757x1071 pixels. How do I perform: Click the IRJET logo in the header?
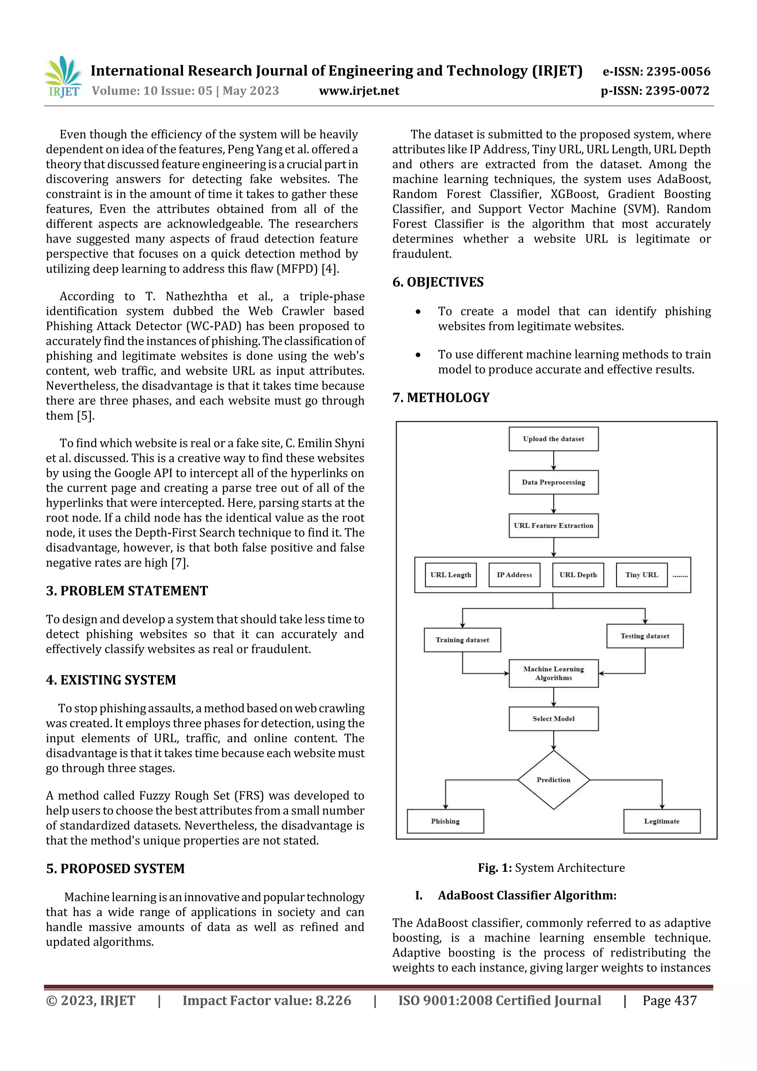[x=64, y=77]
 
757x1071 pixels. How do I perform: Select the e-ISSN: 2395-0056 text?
[x=656, y=71]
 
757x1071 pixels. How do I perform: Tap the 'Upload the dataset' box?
[x=553, y=439]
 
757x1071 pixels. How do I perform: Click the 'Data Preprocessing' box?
[x=553, y=482]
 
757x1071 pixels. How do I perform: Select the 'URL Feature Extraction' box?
[x=553, y=526]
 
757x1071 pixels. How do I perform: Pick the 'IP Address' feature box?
[x=514, y=575]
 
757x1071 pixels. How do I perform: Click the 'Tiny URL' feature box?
[x=641, y=575]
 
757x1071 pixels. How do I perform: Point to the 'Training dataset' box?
[x=462, y=640]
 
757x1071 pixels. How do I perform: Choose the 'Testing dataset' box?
[x=645, y=636]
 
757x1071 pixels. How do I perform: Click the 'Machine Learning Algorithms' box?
[x=553, y=673]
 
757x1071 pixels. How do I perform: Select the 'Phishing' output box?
[x=445, y=821]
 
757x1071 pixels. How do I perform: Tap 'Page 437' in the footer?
[x=669, y=1000]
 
